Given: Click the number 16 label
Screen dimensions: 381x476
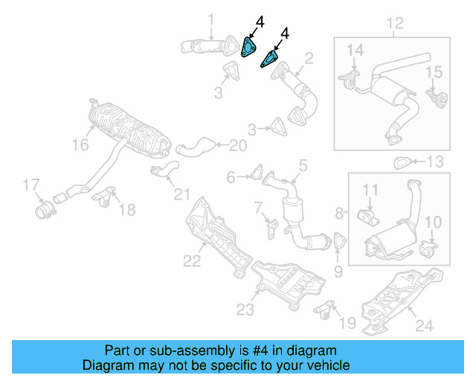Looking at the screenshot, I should tap(80, 146).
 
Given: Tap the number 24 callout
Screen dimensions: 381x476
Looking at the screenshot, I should tap(422, 324).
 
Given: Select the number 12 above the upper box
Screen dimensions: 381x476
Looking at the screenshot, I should tap(393, 23).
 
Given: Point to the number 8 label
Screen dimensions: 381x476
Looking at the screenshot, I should tap(339, 214).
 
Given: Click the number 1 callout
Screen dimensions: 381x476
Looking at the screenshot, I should tap(210, 19).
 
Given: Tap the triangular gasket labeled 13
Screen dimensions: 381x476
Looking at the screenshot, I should tap(402, 162).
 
